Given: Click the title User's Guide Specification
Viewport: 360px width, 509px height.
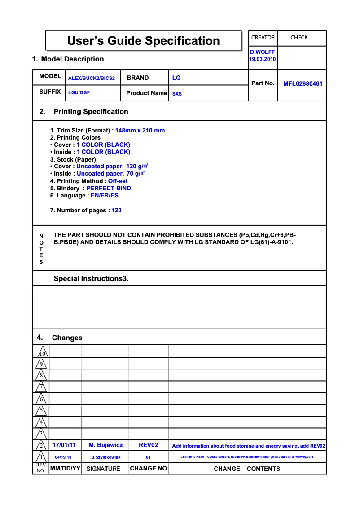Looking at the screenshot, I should tap(143, 41).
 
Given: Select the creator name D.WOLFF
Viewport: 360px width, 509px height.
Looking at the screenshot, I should tap(263, 52).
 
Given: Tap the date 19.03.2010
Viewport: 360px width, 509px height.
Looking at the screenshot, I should tap(263, 59).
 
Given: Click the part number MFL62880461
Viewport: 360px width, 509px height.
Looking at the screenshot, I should tap(303, 83).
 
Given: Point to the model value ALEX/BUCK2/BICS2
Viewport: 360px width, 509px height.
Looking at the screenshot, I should tap(92, 78).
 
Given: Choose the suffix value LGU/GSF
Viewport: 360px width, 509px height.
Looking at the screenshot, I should tap(79, 92).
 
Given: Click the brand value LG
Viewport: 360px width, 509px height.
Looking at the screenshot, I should tap(176, 78).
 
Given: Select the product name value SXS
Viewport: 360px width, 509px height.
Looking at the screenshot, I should tap(177, 94).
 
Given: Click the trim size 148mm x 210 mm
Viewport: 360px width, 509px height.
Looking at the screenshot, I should tap(140, 131).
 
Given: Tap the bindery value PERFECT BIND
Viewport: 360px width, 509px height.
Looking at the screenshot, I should tap(109, 189).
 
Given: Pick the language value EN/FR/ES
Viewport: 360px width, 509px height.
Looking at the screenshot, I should tap(105, 196).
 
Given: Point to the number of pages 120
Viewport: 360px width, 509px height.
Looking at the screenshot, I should tap(117, 211).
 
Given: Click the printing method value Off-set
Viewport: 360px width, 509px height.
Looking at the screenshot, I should tap(118, 181).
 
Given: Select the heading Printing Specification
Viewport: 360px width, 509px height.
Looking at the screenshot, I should tap(91, 112).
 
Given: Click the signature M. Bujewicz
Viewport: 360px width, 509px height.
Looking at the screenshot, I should tap(105, 445).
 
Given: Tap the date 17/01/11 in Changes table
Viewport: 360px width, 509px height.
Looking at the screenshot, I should tap(64, 445).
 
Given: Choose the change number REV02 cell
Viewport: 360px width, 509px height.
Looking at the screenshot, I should tap(149, 445).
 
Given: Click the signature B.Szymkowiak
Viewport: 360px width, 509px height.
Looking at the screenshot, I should tap(106, 457).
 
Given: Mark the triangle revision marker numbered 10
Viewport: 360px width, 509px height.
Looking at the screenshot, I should tap(41, 352).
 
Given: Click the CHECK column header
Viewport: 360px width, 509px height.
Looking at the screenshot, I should tap(299, 38).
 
